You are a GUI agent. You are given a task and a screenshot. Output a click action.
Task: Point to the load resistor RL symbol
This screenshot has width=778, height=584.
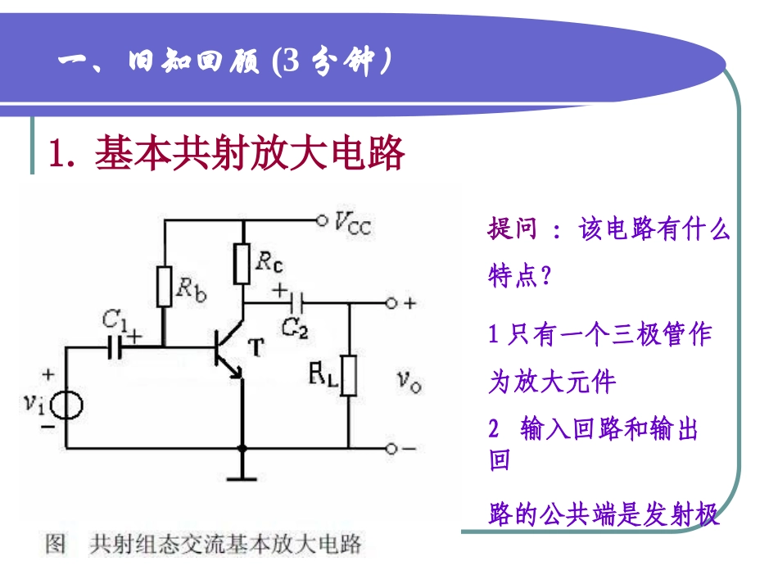349,376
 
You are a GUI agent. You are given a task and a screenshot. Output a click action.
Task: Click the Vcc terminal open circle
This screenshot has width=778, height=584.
321,220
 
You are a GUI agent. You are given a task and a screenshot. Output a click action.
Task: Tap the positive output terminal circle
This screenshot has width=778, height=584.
391,303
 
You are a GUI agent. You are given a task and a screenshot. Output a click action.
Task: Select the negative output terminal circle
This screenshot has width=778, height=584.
391,448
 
